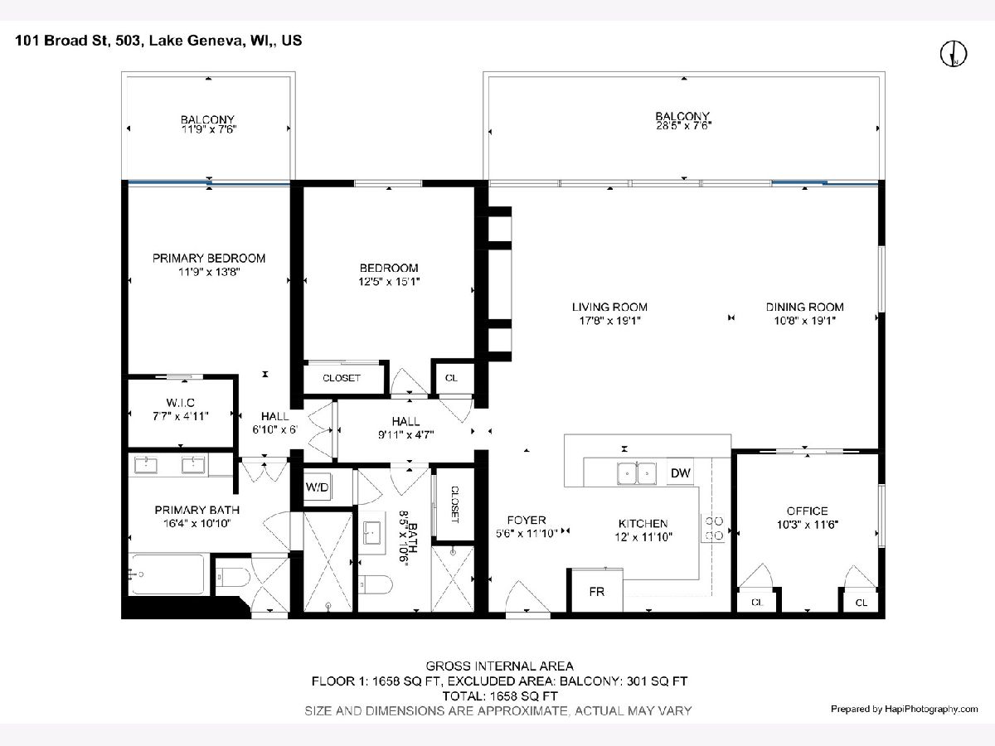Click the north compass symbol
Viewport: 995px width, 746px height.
pos(954,53)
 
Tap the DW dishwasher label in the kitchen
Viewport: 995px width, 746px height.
pos(681,472)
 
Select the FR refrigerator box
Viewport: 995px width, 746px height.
pos(596,591)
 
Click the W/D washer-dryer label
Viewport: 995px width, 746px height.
pos(317,487)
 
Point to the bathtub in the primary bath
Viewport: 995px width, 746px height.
pos(167,574)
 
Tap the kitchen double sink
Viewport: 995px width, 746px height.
pos(637,473)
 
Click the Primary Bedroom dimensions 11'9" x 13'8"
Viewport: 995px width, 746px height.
pos(209,272)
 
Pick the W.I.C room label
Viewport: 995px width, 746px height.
pos(181,402)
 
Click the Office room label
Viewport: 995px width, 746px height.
pos(808,511)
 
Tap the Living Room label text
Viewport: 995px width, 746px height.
pos(609,307)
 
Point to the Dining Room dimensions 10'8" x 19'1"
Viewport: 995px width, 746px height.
pos(804,321)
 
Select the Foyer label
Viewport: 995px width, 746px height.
pos(527,520)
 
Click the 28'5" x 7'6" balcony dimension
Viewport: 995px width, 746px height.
pos(683,126)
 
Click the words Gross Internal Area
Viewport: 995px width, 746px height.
pos(499,666)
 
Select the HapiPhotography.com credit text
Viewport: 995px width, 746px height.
pos(931,709)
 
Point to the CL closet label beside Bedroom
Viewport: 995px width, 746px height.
pos(451,378)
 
